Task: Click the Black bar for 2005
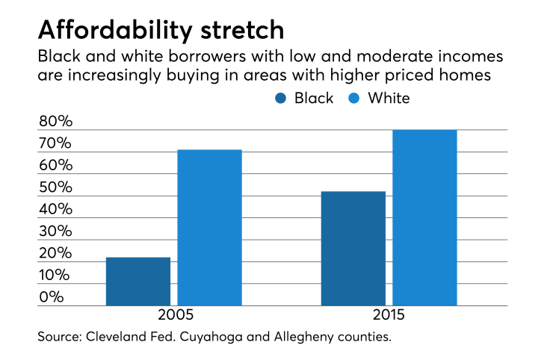tap(138, 282)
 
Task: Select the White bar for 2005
tap(210, 228)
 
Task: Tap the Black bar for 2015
tap(353, 249)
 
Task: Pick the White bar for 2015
tap(424, 218)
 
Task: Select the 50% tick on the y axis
tap(56, 187)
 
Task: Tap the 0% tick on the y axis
tap(52, 297)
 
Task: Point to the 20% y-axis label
tap(56, 253)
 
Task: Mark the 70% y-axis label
tap(56, 143)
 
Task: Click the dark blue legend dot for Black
tap(282, 99)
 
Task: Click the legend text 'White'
tap(389, 99)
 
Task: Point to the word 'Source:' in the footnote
tap(62, 337)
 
